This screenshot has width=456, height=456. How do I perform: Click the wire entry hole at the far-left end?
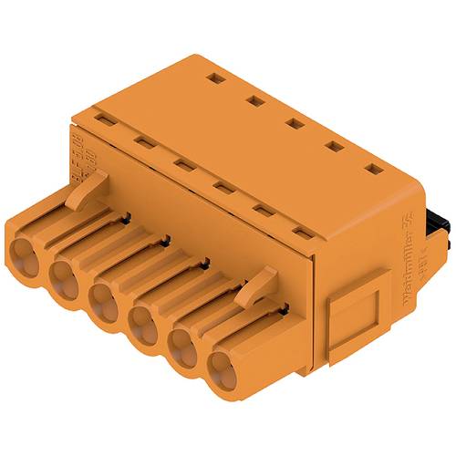tap(27, 253)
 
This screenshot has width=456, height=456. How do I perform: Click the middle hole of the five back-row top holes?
tap(292, 124)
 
